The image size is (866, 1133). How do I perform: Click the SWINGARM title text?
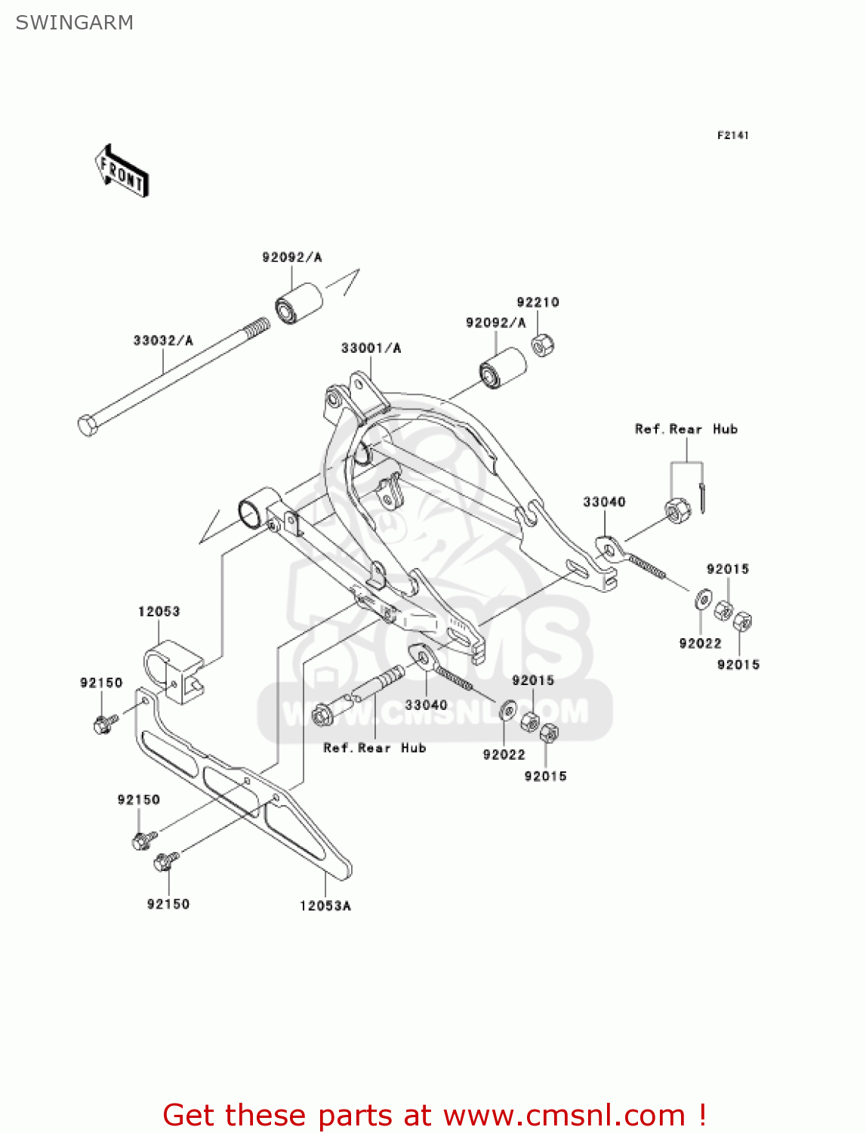(74, 23)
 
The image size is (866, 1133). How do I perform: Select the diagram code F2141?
(732, 135)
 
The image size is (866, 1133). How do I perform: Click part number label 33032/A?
(163, 341)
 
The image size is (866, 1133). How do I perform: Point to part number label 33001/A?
(371, 348)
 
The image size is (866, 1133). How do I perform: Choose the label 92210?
(538, 302)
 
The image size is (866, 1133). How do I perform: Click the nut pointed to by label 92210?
(543, 345)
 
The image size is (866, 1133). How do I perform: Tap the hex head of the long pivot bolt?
(88, 425)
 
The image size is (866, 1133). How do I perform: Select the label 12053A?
(325, 906)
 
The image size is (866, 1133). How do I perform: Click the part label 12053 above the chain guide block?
(159, 611)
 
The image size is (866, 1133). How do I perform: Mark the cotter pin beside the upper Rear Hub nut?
(702, 498)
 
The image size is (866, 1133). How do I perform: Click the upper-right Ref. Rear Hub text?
(686, 429)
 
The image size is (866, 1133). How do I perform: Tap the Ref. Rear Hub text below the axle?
(374, 748)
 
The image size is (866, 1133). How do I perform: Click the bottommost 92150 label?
(168, 904)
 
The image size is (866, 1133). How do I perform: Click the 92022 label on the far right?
(700, 644)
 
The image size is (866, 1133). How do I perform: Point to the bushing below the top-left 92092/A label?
(297, 304)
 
